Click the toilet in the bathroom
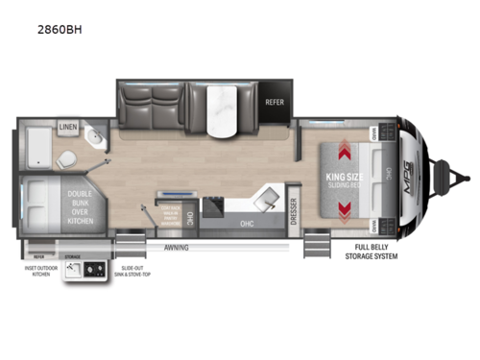(x=69, y=156)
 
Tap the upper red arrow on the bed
(x=343, y=149)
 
